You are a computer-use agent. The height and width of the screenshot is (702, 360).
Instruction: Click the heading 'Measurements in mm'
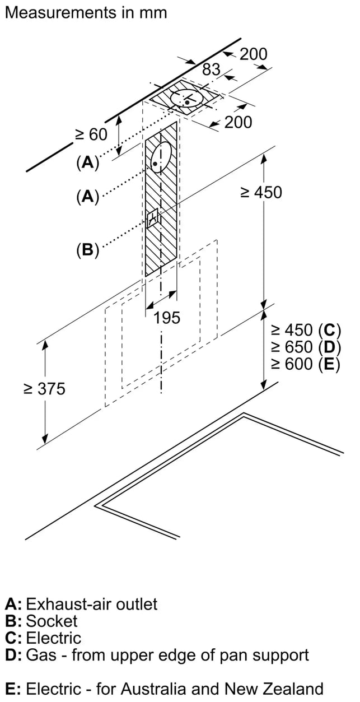pos(86,13)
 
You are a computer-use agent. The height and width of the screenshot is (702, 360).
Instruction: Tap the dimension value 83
pos(211,69)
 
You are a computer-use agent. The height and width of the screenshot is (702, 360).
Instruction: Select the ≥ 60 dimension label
pos(91,135)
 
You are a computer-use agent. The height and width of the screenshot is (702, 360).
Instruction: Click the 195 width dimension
pos(167,318)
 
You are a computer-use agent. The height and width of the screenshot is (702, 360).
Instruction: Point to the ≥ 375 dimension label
pos(44,389)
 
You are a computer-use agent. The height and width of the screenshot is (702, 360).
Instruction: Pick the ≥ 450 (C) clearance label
pos(306,329)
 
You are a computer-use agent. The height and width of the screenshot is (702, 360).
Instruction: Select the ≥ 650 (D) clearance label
pos(306,347)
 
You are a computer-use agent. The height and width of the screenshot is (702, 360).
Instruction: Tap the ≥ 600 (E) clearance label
pos(306,364)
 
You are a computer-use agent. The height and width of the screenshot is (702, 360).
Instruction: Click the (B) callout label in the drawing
pos(88,250)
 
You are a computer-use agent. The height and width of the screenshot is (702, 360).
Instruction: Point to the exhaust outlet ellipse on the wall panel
pos(161,157)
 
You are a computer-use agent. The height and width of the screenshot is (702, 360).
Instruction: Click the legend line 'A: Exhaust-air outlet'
pos(81,604)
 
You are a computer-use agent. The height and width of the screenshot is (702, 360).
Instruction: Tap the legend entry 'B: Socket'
pos(41,621)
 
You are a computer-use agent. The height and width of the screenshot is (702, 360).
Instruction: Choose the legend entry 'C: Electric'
pos(43,638)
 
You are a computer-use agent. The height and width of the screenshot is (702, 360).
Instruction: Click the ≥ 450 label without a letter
pos(261,192)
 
